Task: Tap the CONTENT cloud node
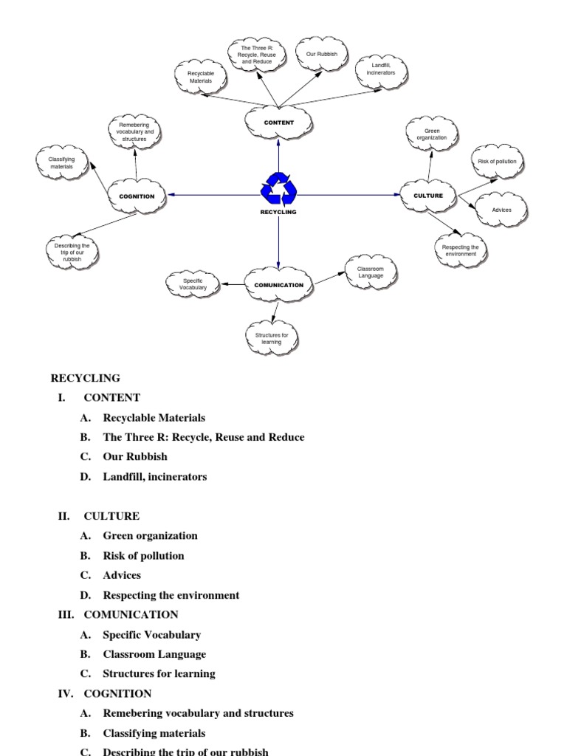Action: click(x=278, y=123)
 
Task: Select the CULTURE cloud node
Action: click(x=428, y=196)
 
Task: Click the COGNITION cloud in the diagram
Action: click(x=137, y=196)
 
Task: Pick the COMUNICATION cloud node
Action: click(x=278, y=285)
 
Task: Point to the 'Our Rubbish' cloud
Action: click(x=321, y=55)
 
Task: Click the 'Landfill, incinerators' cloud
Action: click(x=382, y=69)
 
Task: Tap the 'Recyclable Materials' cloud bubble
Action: click(x=199, y=78)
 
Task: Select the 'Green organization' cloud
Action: click(x=431, y=134)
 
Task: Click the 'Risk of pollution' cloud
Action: click(x=498, y=161)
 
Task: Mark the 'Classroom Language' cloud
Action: click(x=371, y=272)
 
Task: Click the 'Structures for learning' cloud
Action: click(x=272, y=338)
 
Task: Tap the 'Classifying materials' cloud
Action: click(x=61, y=163)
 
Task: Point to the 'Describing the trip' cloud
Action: click(x=72, y=252)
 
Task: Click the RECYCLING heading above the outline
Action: click(x=85, y=378)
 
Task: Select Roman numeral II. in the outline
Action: click(x=64, y=516)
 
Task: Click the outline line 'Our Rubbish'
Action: click(x=135, y=457)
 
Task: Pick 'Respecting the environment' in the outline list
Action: click(x=171, y=595)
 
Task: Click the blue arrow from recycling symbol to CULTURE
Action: click(x=347, y=195)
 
